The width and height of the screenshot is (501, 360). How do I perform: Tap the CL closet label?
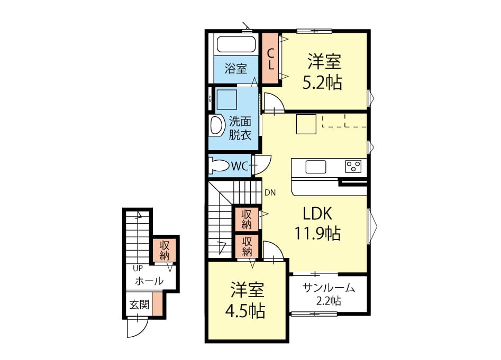pyautogui.click(x=271, y=59)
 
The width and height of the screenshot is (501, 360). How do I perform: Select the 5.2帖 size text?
pyautogui.click(x=322, y=82)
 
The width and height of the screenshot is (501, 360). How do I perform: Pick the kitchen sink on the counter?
pyautogui.click(x=316, y=167)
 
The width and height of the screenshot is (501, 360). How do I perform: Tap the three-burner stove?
pyautogui.click(x=353, y=167)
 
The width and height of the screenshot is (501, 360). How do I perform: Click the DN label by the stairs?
pyautogui.click(x=270, y=192)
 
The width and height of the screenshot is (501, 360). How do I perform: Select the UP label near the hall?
pyautogui.click(x=138, y=269)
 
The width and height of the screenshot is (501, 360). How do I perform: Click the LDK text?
pyautogui.click(x=317, y=214)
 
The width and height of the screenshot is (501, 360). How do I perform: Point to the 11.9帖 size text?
pyautogui.click(x=317, y=233)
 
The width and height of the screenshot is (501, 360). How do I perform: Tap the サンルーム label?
pyautogui.click(x=329, y=288)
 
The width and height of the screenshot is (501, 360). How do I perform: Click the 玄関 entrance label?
pyautogui.click(x=139, y=304)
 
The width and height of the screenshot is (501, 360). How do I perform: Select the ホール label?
pyautogui.click(x=149, y=281)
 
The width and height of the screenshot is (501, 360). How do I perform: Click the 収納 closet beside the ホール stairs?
pyautogui.click(x=165, y=250)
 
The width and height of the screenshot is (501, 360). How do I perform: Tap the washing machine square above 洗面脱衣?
pyautogui.click(x=226, y=99)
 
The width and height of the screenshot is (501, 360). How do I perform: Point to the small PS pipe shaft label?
pyautogui.click(x=210, y=99)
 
